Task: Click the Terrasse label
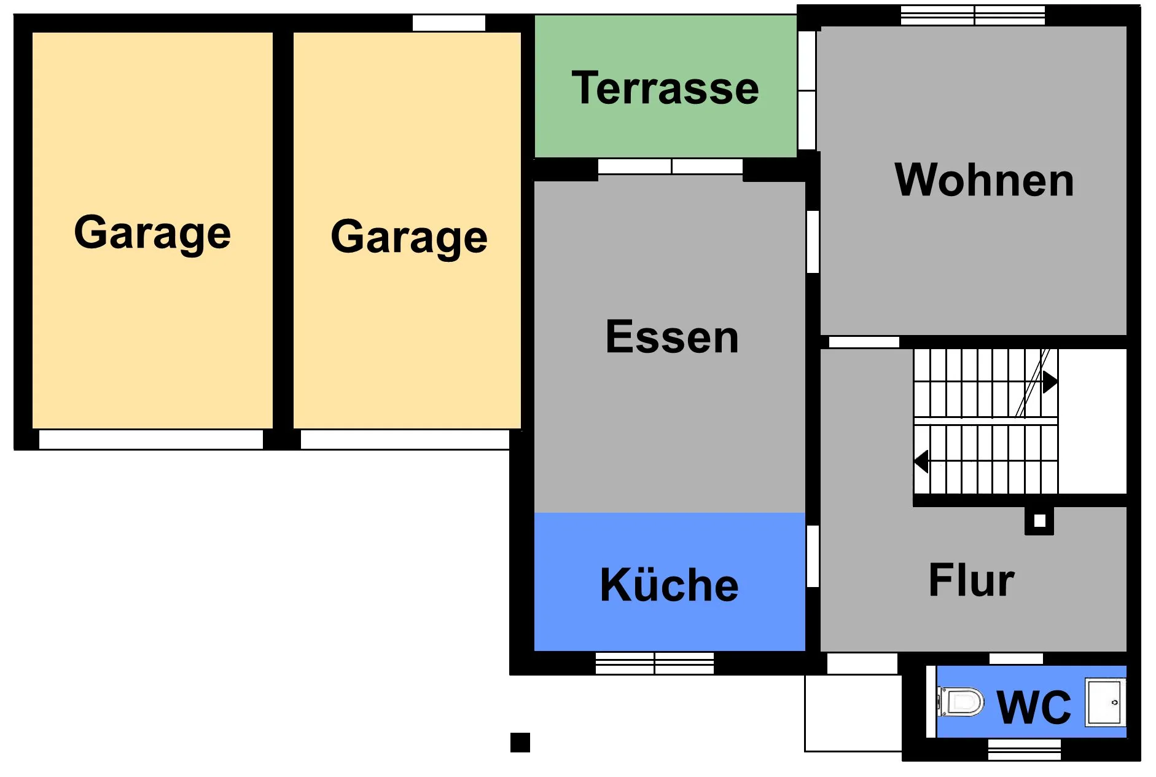(x=665, y=88)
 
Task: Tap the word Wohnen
(x=984, y=180)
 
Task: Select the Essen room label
(x=672, y=337)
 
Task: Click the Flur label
(x=971, y=580)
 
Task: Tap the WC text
(x=1034, y=707)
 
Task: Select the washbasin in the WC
(x=1105, y=702)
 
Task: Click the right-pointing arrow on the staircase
(x=1050, y=382)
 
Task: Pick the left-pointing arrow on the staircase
(x=921, y=461)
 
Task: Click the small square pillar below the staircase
(x=1039, y=521)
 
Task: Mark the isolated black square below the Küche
(x=520, y=743)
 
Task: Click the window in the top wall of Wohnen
(x=973, y=15)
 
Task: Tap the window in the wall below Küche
(x=655, y=663)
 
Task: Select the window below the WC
(x=1025, y=749)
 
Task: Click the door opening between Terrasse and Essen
(x=670, y=166)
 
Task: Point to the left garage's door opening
(x=151, y=439)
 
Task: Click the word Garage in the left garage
(x=152, y=233)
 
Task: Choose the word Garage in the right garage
(x=409, y=237)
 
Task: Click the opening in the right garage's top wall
(x=449, y=23)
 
